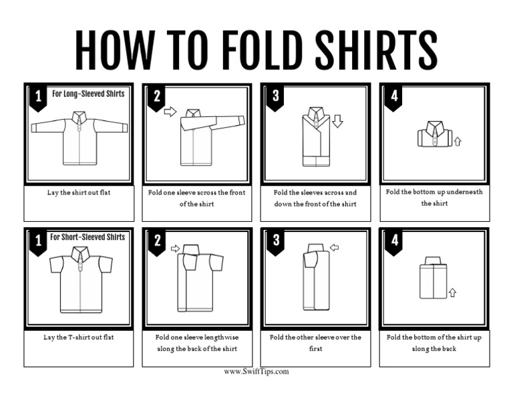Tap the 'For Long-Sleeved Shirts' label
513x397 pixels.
[x=88, y=94]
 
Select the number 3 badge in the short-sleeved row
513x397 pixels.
[x=275, y=241]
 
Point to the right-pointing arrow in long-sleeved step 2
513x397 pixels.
[x=170, y=112]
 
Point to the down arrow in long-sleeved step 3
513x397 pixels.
[x=337, y=121]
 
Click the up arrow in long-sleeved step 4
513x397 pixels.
[x=458, y=141]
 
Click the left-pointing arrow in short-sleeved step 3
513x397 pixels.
[x=335, y=248]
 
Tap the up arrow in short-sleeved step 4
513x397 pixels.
[x=452, y=292]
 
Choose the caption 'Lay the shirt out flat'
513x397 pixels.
[x=79, y=192]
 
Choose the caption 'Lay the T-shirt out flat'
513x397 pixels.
[x=79, y=337]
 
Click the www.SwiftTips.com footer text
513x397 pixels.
[x=256, y=372]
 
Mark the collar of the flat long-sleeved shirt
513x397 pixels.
[x=79, y=117]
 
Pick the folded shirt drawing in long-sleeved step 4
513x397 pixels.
[x=434, y=134]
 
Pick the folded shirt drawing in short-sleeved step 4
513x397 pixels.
[x=433, y=277]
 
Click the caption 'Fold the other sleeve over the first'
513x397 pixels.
[x=315, y=343]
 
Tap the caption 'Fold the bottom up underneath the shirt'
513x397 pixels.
[x=434, y=197]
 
